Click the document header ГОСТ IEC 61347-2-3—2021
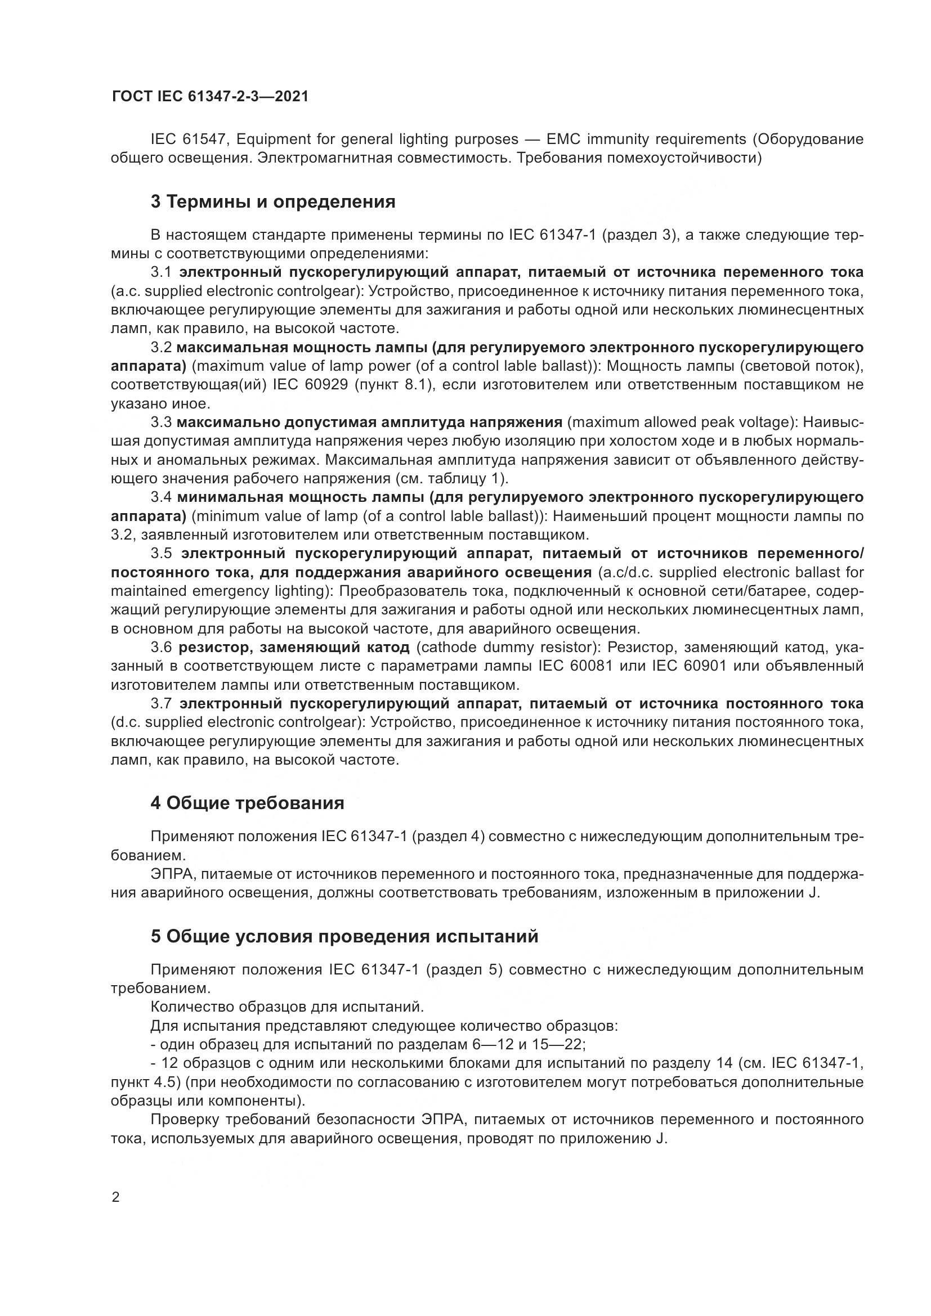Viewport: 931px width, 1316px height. pyautogui.click(x=210, y=96)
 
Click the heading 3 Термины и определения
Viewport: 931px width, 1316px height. pyautogui.click(x=273, y=202)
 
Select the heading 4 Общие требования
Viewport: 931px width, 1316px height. pyautogui.click(x=247, y=803)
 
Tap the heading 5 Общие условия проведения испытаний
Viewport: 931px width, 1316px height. pyautogui.click(x=344, y=936)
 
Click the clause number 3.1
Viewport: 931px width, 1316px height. pyautogui.click(x=161, y=272)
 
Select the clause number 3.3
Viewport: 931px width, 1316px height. pyautogui.click(x=161, y=423)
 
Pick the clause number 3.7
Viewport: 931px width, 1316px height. pyautogui.click(x=161, y=704)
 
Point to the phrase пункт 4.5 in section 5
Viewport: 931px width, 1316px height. pyautogui.click(x=142, y=1082)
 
